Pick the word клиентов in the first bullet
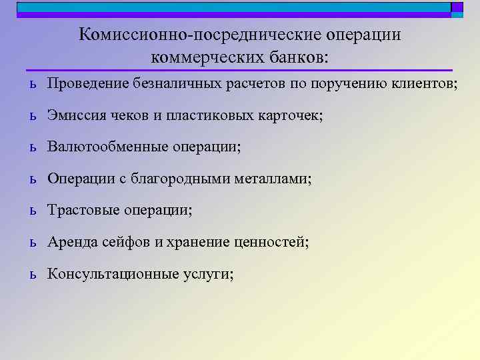pos(423,84)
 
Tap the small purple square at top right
pos(457,7)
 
